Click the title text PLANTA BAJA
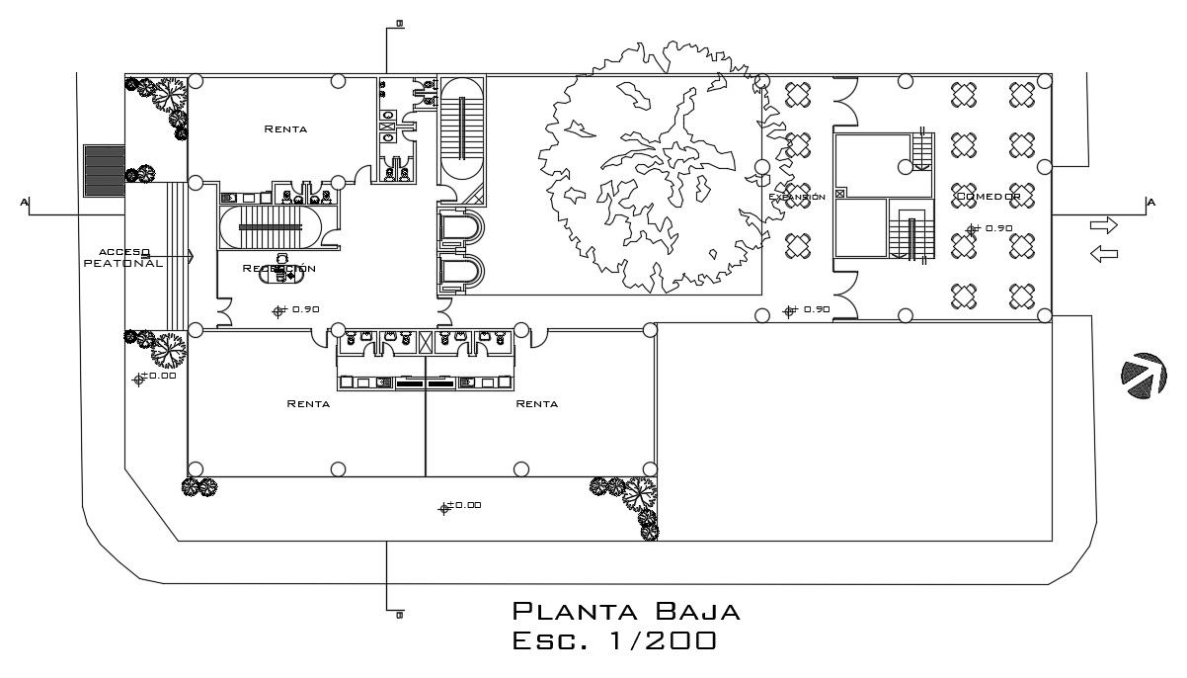click(626, 611)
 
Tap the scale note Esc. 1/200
click(614, 641)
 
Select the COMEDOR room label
click(987, 198)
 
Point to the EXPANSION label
click(797, 198)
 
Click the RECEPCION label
click(279, 269)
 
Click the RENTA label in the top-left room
click(285, 129)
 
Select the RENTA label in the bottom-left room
click(308, 403)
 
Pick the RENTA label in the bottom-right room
click(536, 403)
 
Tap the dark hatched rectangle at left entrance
click(103, 170)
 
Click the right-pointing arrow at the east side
click(1103, 225)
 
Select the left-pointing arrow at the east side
click(1103, 255)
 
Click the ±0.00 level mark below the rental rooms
click(460, 506)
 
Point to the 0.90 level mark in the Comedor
click(992, 229)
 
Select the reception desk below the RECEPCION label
click(279, 276)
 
